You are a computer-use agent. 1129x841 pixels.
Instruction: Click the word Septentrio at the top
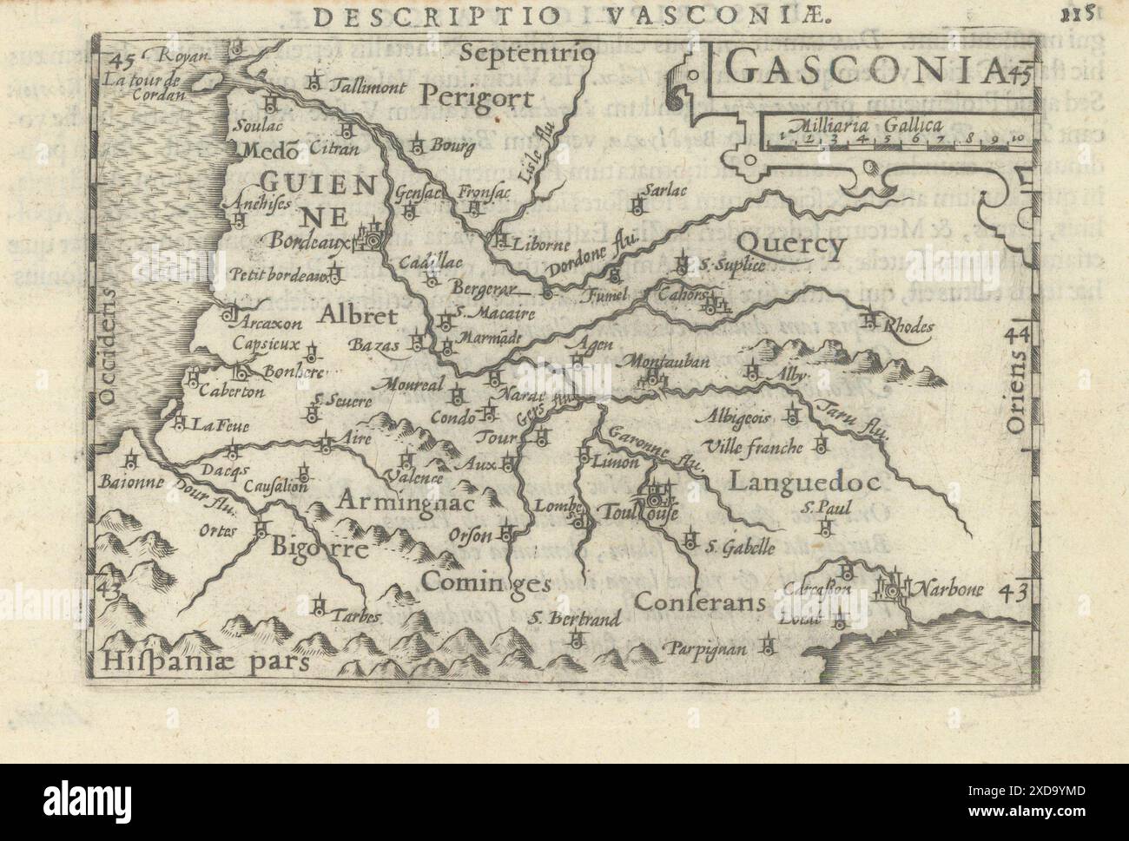526,53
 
